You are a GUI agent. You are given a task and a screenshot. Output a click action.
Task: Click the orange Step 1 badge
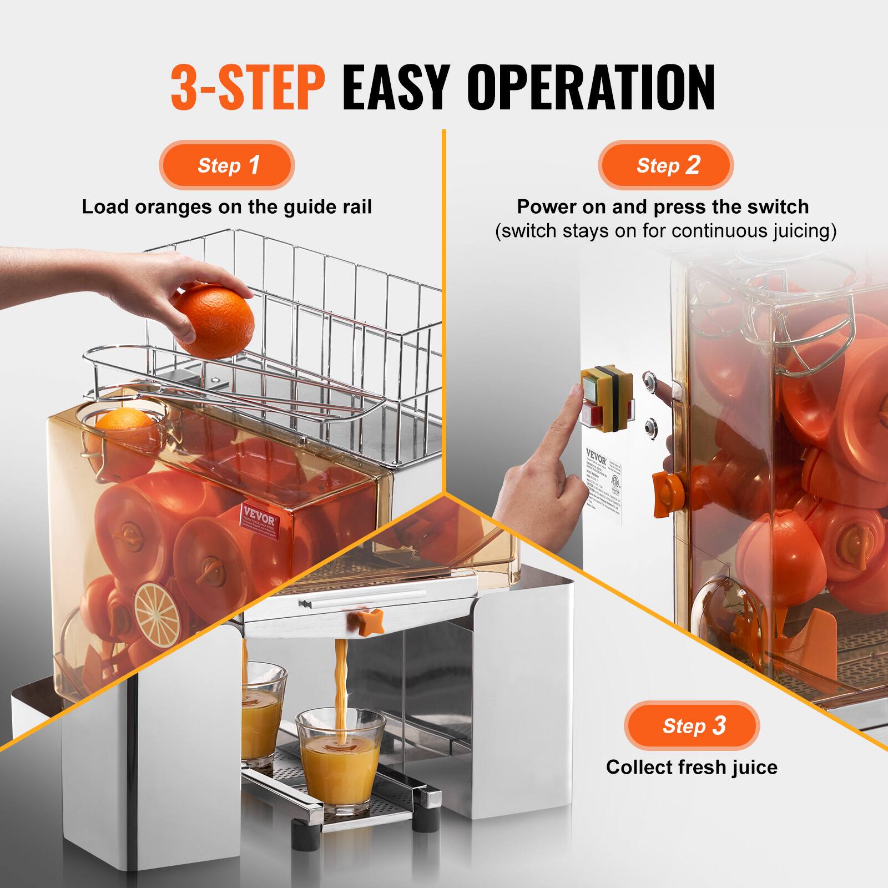click(x=227, y=165)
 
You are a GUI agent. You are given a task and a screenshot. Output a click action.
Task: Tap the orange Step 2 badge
click(x=665, y=165)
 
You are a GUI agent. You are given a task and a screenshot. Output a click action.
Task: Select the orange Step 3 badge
click(x=692, y=725)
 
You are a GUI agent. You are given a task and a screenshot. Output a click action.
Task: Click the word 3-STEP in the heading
click(x=248, y=87)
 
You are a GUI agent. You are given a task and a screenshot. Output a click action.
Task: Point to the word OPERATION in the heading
click(x=591, y=87)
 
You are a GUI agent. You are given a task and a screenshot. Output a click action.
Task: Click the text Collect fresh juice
click(x=692, y=767)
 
